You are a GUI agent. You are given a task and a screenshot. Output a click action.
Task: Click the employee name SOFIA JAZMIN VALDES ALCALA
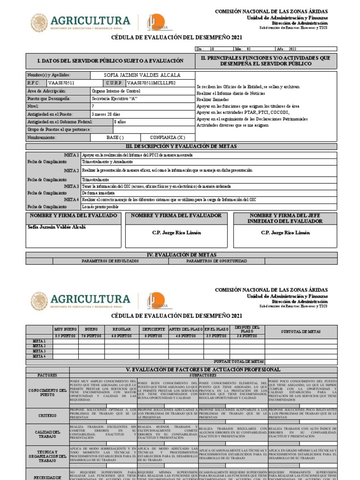click(142, 75)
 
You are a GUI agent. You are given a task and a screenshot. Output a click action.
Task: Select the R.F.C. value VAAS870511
click(61, 83)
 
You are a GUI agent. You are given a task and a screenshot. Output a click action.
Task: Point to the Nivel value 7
click(93, 106)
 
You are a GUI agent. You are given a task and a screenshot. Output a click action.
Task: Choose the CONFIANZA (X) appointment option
click(167, 137)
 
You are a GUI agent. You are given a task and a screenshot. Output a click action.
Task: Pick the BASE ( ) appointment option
click(115, 137)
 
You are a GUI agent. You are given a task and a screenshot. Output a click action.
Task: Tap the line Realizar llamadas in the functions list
click(213, 100)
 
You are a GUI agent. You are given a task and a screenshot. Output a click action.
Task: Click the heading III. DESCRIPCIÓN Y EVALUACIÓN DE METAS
click(181, 146)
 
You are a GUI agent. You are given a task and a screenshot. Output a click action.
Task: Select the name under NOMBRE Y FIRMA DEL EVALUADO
click(57, 227)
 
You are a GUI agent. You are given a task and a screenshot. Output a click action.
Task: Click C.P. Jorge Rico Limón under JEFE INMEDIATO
click(285, 232)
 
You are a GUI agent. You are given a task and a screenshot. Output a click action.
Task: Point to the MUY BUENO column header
click(66, 330)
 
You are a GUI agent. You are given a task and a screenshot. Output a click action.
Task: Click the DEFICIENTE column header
click(154, 330)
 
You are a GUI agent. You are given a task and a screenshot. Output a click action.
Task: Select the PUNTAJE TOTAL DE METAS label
click(232, 361)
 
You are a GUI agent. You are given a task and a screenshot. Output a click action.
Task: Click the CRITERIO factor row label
click(47, 415)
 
